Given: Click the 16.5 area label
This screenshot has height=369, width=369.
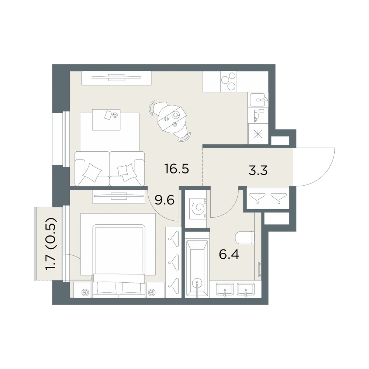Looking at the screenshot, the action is [177, 169].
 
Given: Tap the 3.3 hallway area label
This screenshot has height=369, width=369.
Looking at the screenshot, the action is [258, 170].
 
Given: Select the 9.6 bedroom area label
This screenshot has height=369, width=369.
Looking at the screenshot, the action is [165, 200].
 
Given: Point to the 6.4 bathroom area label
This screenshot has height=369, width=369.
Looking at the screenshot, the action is [229, 254].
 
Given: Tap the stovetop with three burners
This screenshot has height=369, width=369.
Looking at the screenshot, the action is [228, 82].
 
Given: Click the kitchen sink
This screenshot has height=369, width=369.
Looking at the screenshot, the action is [258, 100].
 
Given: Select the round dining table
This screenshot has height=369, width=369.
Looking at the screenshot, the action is [172, 118].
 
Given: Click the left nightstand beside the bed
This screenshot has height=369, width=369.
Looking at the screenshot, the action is [82, 290].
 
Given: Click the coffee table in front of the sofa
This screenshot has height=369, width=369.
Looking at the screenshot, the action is [106, 120].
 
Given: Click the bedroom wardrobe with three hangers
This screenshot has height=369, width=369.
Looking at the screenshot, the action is [173, 262].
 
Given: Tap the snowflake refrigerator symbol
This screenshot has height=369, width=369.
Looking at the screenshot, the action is [258, 134].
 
